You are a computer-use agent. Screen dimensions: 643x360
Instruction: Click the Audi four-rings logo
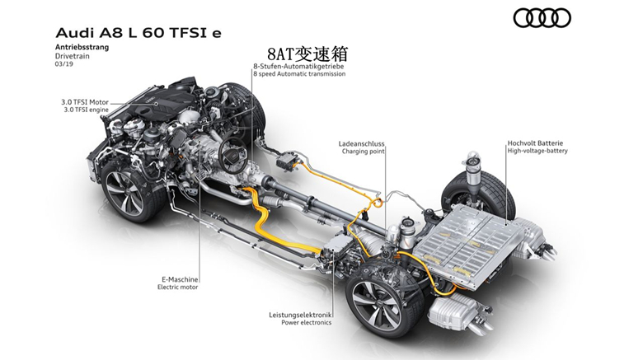pyautogui.click(x=542, y=18)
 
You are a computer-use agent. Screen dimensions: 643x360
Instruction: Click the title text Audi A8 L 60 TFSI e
pyautogui.click(x=138, y=33)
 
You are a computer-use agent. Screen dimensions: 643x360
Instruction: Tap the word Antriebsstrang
pyautogui.click(x=82, y=47)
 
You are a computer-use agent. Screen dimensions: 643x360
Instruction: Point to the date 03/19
pyautogui.click(x=64, y=64)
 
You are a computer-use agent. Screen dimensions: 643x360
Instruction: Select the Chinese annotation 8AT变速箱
pyautogui.click(x=307, y=54)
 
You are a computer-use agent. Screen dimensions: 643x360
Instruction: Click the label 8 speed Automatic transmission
pyautogui.click(x=299, y=74)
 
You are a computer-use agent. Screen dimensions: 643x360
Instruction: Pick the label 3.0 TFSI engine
pyautogui.click(x=86, y=110)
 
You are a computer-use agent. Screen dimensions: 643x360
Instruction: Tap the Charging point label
pyautogui.click(x=364, y=152)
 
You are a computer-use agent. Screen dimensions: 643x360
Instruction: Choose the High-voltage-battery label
pyautogui.click(x=537, y=151)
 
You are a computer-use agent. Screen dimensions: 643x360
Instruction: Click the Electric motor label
pyautogui.click(x=177, y=287)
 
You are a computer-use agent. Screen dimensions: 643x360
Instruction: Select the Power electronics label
pyautogui.click(x=306, y=322)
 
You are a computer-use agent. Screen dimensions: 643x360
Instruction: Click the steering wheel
pyautogui.click(x=232, y=154)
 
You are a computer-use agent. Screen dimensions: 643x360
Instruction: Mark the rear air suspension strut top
pyautogui.click(x=473, y=158)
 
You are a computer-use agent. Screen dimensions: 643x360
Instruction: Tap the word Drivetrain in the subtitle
pyautogui.click(x=73, y=56)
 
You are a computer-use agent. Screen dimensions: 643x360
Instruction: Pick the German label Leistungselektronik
pyautogui.click(x=300, y=315)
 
